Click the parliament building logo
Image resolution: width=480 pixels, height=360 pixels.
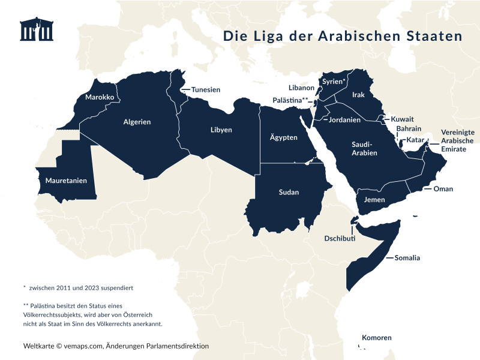point(37,30)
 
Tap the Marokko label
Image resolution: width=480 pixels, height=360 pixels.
point(100,97)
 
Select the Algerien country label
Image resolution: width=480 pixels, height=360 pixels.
point(137,122)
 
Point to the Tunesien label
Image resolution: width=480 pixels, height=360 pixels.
point(205,89)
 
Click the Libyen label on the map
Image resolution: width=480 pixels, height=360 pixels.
point(221,130)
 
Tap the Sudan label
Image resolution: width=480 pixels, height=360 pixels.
point(289,193)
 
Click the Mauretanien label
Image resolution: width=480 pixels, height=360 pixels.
point(66,181)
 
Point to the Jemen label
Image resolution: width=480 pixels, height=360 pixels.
point(375,199)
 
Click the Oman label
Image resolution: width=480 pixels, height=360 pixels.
point(443,189)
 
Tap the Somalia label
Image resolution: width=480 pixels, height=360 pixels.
point(407,258)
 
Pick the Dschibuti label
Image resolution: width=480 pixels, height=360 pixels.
point(340,238)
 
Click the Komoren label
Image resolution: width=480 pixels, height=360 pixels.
point(376,338)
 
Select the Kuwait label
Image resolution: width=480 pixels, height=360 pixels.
point(402,119)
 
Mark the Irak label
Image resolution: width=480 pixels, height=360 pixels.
point(359,95)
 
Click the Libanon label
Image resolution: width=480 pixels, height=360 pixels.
point(301,88)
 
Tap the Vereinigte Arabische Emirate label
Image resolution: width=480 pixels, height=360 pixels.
point(458,140)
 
